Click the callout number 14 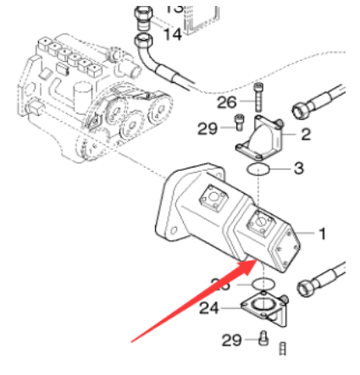coord(172,36)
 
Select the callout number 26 coord(227,102)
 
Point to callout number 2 coord(305,134)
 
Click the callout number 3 coord(298,168)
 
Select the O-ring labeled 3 coord(260,171)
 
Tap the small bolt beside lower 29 coord(262,339)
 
